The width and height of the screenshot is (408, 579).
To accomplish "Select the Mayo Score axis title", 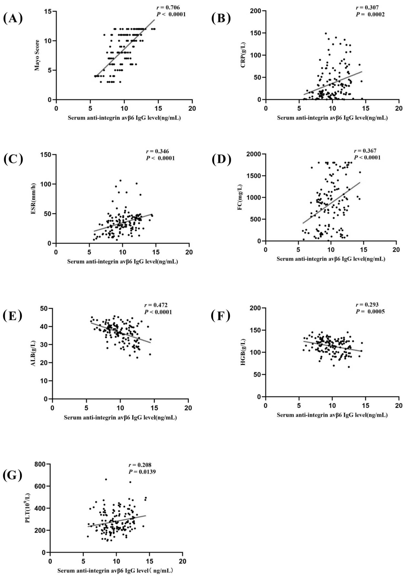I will click(37, 55).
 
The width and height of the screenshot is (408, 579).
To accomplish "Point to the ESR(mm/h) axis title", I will click(33, 199).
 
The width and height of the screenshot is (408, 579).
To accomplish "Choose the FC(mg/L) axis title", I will click(240, 197).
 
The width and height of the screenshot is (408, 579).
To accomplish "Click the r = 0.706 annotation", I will click(168, 8).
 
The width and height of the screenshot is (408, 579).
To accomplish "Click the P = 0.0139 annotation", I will click(142, 472).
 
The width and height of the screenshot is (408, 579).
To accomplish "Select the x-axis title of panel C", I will click(122, 261).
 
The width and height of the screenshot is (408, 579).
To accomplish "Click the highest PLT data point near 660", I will click(106, 479).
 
